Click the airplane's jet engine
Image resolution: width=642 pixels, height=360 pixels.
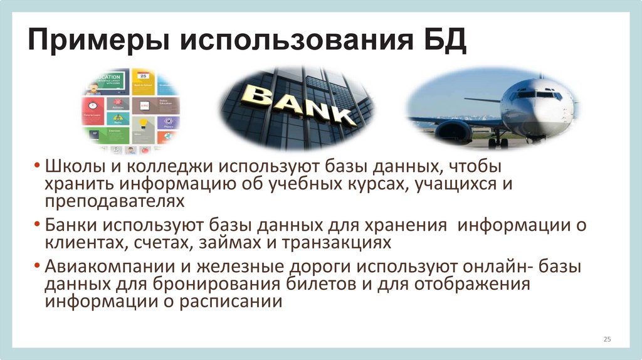point(453,130)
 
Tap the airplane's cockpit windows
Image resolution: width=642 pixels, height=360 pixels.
point(533,95)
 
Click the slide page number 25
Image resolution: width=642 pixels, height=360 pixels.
point(606,339)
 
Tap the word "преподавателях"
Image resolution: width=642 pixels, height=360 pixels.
point(115,201)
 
